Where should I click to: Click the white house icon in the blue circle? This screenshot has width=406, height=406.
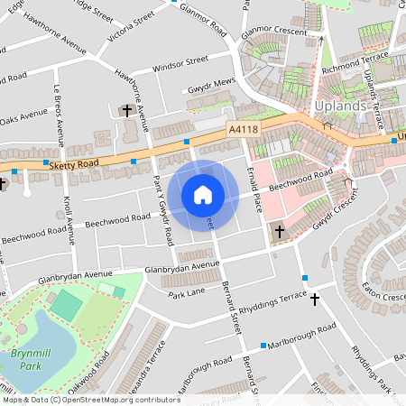coord(202,195)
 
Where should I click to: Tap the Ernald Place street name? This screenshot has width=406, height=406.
coord(256,190)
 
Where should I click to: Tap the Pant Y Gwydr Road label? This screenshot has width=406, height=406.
coord(164,211)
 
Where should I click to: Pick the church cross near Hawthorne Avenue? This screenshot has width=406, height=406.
coord(127,111)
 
